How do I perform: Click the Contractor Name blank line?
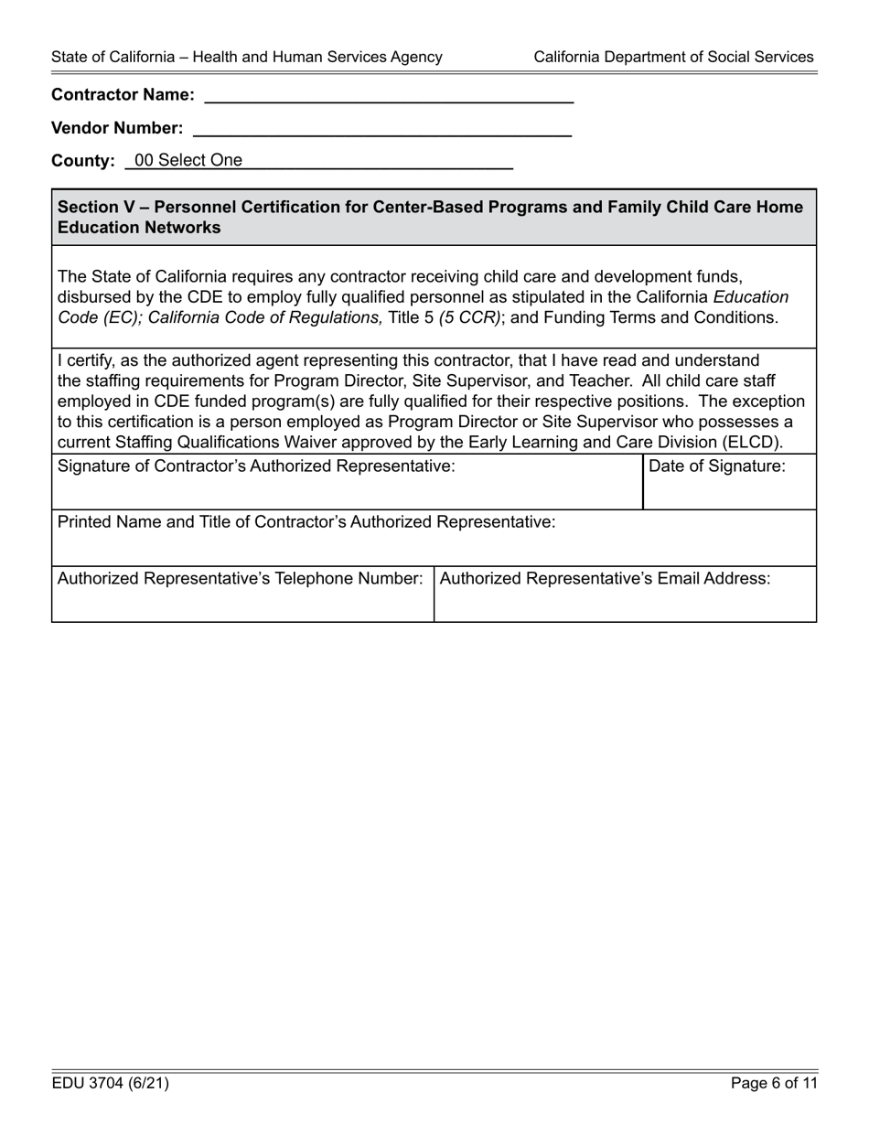click(389, 95)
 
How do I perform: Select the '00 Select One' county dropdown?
click(320, 161)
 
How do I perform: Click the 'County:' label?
click(83, 161)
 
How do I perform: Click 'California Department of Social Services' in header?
click(673, 57)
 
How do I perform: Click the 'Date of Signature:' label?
click(716, 466)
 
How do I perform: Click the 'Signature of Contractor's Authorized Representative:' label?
click(256, 466)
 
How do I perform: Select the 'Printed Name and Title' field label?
click(306, 522)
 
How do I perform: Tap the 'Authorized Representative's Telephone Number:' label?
click(240, 579)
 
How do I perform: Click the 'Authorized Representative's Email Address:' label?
click(605, 579)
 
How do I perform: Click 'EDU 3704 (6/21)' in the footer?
click(110, 1084)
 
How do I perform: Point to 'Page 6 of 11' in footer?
click(774, 1084)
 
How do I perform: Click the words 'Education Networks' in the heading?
click(139, 228)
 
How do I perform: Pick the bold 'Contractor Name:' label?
click(123, 95)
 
